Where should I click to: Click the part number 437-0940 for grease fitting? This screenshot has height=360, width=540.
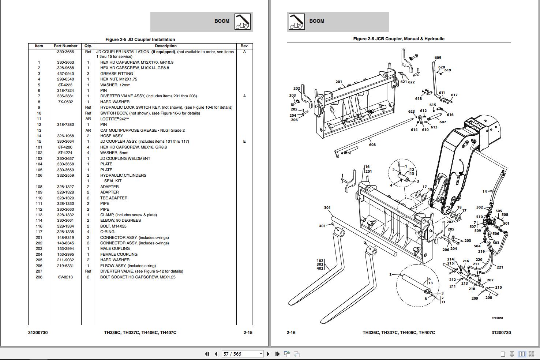pos(65,74)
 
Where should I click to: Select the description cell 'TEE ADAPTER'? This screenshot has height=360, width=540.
pos(114,198)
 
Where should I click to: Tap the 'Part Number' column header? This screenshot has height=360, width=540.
pos(65,46)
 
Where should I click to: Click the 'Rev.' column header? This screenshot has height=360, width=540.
pos(244,46)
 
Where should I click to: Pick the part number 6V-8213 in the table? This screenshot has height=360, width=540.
pos(65,277)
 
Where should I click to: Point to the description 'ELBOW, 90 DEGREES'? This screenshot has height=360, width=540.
pos(120,221)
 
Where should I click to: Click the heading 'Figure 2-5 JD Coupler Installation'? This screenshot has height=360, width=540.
pos(140,40)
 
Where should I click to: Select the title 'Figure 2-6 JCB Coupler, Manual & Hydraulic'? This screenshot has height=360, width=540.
pos(398,39)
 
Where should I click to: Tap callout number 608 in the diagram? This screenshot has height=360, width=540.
pos(372,145)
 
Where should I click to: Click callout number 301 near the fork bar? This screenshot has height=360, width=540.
pos(327,208)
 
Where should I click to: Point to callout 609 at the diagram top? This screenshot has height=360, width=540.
pos(438,58)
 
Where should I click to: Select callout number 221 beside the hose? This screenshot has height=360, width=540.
pos(500,267)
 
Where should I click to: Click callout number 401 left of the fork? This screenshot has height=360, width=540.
pos(322,226)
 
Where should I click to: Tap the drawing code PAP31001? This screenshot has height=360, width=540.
pos(497,318)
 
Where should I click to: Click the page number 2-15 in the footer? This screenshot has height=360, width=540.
pos(248,333)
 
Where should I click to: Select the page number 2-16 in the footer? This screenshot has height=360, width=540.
pos(291,333)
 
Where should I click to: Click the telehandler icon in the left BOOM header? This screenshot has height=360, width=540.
pos(243,22)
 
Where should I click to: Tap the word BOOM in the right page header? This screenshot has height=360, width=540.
pos(317,21)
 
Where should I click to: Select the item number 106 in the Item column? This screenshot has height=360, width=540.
pos(39,175)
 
